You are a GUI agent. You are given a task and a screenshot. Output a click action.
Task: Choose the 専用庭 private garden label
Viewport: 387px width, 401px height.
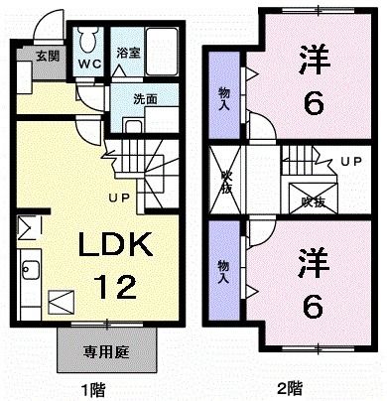[109, 350]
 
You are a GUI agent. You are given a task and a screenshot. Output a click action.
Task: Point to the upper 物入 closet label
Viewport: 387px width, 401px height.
[224, 95]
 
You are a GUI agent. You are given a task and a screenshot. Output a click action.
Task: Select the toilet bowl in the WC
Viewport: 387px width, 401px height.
[87, 42]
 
